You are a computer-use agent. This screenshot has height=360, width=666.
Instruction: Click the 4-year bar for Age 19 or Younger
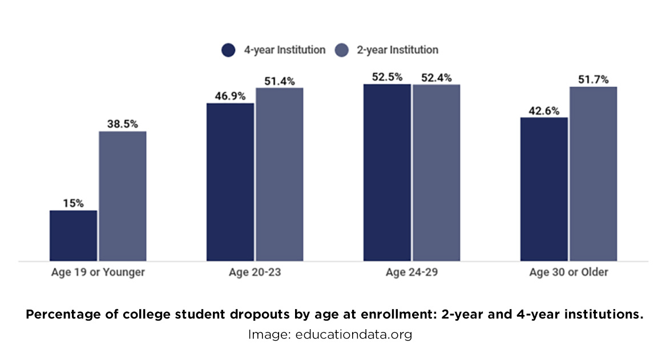[73, 235]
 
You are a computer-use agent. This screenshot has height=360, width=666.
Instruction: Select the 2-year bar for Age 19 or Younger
[123, 196]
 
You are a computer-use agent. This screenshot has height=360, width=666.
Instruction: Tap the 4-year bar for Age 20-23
[230, 181]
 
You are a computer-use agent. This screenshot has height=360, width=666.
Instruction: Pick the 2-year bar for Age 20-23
[280, 174]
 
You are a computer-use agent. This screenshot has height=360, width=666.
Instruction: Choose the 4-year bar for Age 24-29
[387, 172]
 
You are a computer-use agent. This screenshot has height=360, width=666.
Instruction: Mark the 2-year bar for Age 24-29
[437, 172]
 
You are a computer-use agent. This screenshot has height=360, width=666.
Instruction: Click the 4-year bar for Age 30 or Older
[544, 189]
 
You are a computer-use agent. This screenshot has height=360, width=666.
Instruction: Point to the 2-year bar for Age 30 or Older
[594, 173]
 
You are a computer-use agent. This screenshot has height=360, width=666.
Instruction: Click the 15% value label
[73, 203]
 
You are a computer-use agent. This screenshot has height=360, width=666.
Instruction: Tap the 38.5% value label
[123, 124]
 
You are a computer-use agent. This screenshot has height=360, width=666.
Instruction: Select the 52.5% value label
[387, 76]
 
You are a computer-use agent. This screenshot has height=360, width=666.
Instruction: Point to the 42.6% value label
[544, 110]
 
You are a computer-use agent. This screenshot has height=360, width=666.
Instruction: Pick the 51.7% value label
[594, 79]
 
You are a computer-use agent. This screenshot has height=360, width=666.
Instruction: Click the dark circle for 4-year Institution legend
[228, 50]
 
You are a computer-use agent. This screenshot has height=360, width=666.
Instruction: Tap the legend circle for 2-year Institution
[341, 50]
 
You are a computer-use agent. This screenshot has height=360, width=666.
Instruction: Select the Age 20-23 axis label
[255, 272]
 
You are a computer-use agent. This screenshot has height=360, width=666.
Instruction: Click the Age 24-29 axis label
[411, 272]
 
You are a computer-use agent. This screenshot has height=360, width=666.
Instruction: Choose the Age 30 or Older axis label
[568, 272]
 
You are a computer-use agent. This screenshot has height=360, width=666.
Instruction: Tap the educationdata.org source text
[353, 335]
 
